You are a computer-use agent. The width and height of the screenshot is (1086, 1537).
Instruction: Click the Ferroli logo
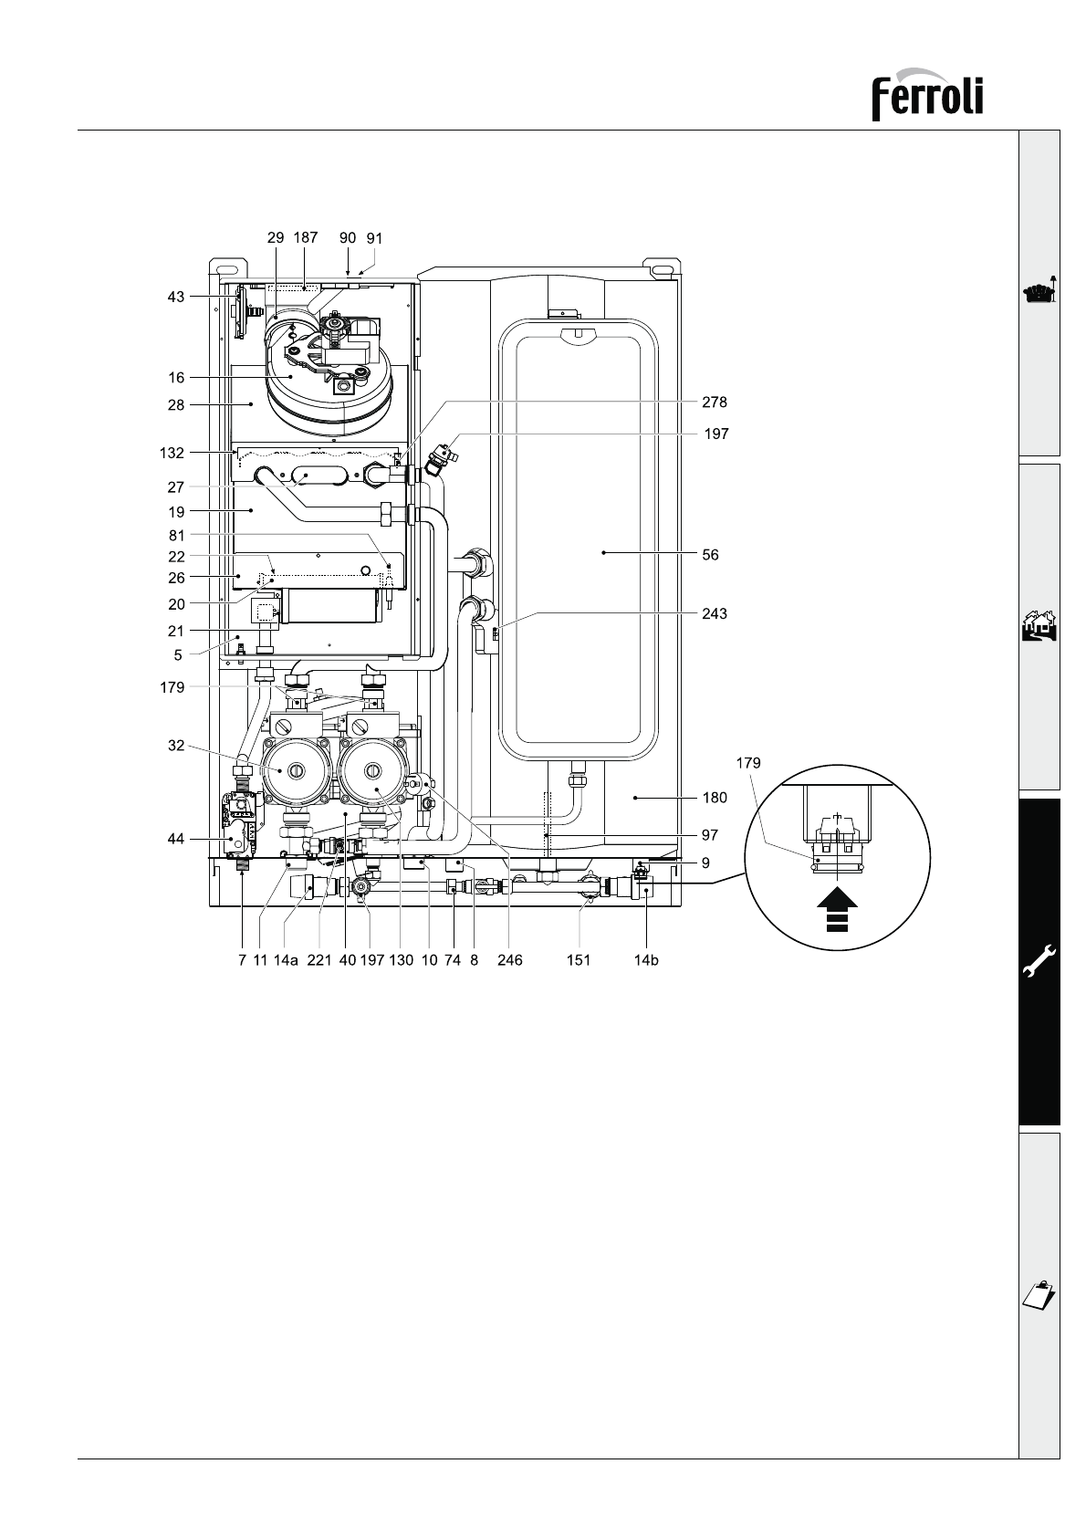pyautogui.click(x=927, y=94)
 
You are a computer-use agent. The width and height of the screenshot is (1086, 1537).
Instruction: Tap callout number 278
pyautogui.click(x=715, y=403)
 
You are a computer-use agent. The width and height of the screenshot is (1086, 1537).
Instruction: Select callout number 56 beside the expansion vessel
pyautogui.click(x=710, y=554)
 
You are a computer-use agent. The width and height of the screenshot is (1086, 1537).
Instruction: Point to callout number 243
pyautogui.click(x=715, y=613)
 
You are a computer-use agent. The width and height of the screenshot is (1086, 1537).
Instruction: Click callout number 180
pyautogui.click(x=715, y=798)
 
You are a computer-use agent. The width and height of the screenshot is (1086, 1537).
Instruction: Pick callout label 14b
pyautogui.click(x=645, y=960)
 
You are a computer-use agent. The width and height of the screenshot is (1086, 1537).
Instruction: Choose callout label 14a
pyautogui.click(x=286, y=960)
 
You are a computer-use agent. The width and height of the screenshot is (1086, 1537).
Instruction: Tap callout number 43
pyautogui.click(x=176, y=297)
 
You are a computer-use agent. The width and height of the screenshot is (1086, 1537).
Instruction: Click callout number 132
pyautogui.click(x=172, y=453)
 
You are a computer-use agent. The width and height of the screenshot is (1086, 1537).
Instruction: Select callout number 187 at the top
pyautogui.click(x=306, y=237)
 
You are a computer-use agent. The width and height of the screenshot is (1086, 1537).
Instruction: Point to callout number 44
pyautogui.click(x=176, y=839)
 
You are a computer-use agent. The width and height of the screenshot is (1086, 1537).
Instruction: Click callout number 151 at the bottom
pyautogui.click(x=579, y=960)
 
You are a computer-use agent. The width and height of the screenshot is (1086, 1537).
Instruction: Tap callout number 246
pyautogui.click(x=510, y=960)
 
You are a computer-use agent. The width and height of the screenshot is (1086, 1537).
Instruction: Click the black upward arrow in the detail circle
pyautogui.click(x=837, y=911)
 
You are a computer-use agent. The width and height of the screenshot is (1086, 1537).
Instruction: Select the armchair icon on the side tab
pyautogui.click(x=1039, y=291)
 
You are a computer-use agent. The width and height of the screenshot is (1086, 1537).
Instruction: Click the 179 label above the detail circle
pyautogui.click(x=748, y=763)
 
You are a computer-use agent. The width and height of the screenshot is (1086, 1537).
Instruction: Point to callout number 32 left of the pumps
pyautogui.click(x=176, y=745)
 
